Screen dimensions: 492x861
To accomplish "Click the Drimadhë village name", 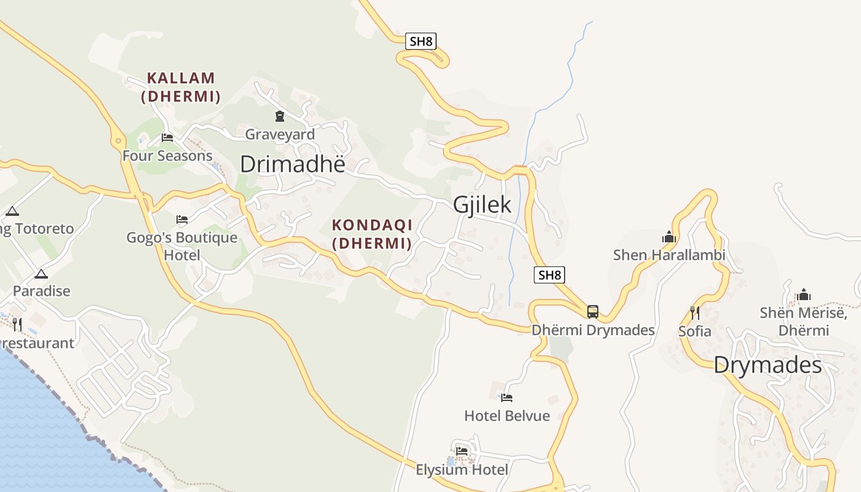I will click(x=292, y=164).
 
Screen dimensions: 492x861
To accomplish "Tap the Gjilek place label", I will click(x=482, y=205).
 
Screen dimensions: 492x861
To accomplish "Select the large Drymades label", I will click(x=768, y=366).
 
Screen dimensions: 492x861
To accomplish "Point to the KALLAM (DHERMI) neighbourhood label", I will click(x=181, y=87).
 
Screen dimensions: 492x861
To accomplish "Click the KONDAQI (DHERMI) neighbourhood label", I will click(x=372, y=234).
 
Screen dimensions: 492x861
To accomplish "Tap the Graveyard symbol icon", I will click(x=280, y=116).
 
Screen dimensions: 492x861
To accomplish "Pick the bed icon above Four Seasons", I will click(x=167, y=138).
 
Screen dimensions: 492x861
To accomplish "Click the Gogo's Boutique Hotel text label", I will click(x=182, y=246).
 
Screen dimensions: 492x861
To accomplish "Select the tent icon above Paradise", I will click(x=41, y=274).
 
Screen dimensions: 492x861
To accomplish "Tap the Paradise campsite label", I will click(x=42, y=291).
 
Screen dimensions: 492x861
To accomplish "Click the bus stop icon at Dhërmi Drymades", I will click(x=593, y=312).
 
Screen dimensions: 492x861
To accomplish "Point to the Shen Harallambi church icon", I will click(x=669, y=237).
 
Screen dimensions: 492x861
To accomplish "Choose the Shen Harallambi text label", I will click(x=669, y=255).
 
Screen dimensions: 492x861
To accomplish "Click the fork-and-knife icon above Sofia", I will click(x=694, y=313).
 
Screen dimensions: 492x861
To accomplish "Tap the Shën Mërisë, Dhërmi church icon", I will click(x=803, y=295).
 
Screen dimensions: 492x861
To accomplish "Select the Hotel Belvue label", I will click(x=507, y=416).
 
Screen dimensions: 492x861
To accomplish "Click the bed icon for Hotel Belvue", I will click(x=507, y=398).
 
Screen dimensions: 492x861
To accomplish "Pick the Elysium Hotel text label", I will click(x=462, y=470).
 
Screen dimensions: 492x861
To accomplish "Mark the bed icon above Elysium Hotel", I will click(x=462, y=451).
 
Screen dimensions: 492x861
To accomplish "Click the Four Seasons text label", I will click(x=167, y=156).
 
